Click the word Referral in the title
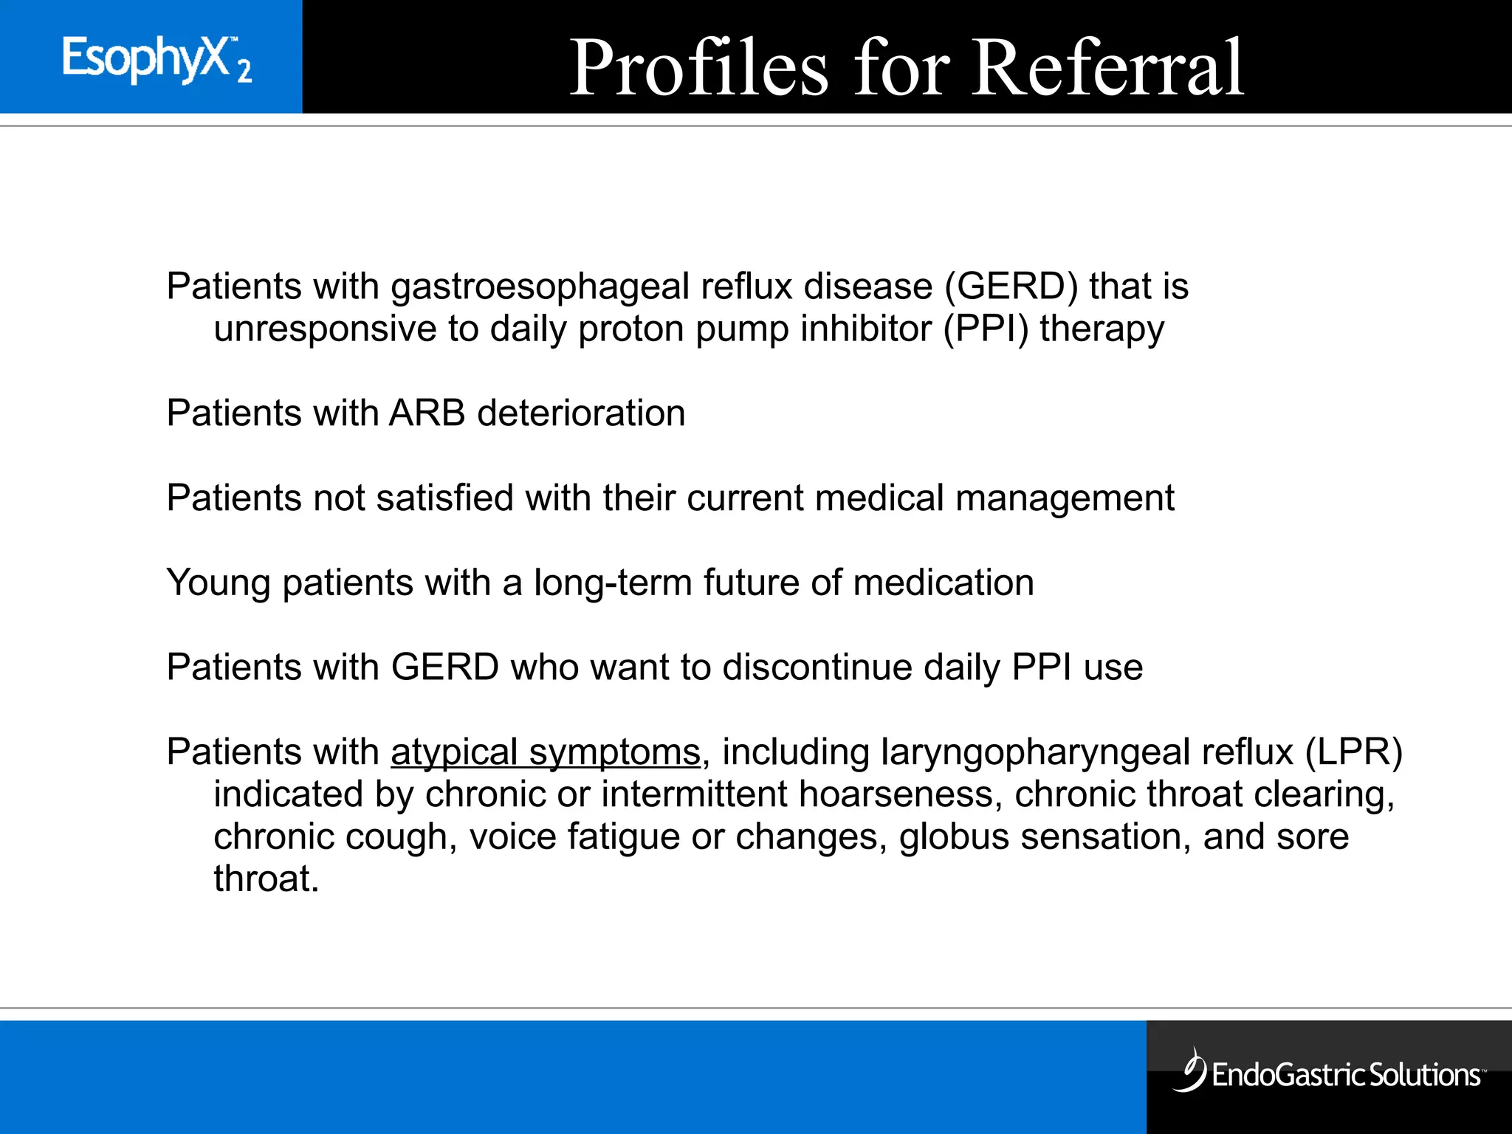pyautogui.click(x=1107, y=68)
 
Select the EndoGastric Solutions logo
pyautogui.click(x=1329, y=1072)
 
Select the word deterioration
pyautogui.click(x=582, y=413)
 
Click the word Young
pyautogui.click(x=219, y=583)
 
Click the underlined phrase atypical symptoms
pyautogui.click(x=546, y=752)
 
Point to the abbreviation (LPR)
pyautogui.click(x=1353, y=752)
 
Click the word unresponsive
pyautogui.click(x=325, y=329)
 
